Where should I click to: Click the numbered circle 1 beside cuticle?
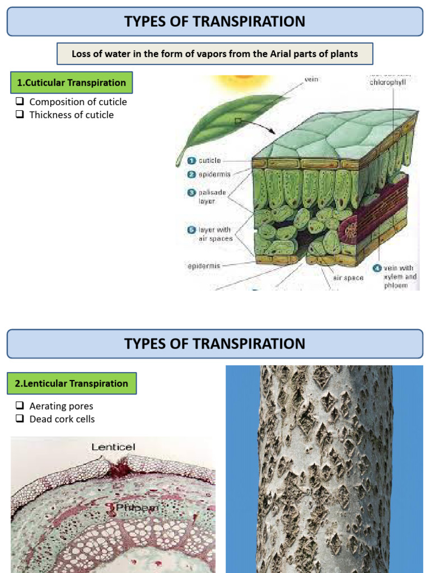point(191,161)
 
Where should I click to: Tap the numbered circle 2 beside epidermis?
point(191,175)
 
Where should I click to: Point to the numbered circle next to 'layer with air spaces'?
point(191,230)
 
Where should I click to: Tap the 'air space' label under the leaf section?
point(348,278)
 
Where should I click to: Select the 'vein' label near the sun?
point(311,79)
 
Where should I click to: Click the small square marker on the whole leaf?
point(238,120)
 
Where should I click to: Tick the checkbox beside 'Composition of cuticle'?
point(20,101)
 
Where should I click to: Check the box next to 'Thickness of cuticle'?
point(20,114)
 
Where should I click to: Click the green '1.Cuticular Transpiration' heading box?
point(71,83)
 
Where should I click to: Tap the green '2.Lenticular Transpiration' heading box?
point(71,383)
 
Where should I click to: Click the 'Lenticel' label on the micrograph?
point(113,447)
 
